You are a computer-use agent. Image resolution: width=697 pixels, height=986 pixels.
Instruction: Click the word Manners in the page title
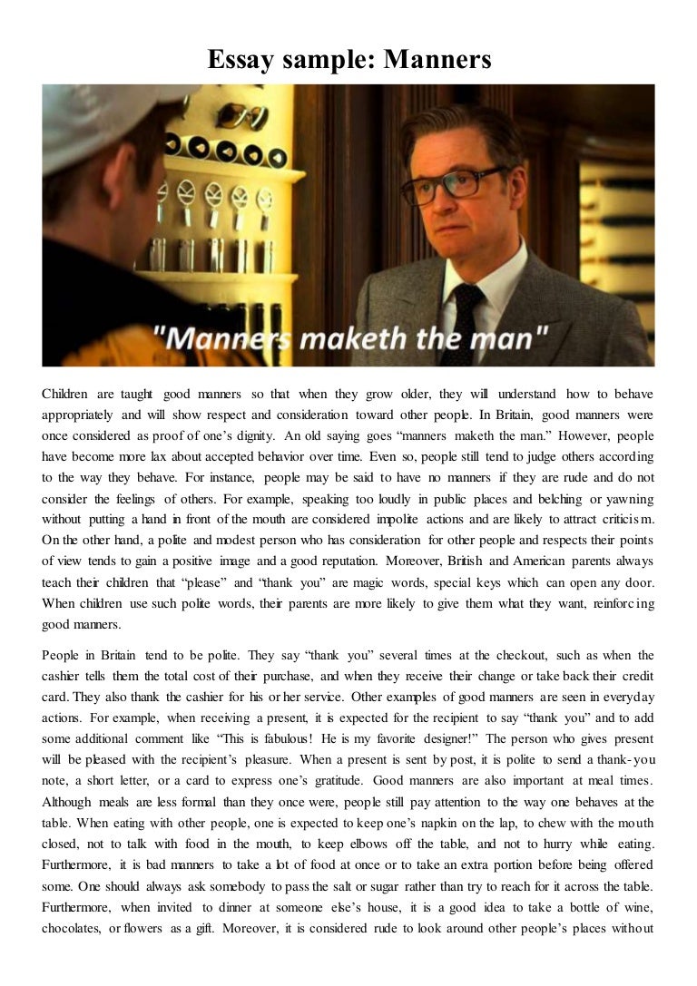pos(437,61)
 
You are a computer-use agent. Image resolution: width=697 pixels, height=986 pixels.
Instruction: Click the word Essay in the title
pos(239,61)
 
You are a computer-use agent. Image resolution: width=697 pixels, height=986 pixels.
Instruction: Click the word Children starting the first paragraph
pos(65,395)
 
